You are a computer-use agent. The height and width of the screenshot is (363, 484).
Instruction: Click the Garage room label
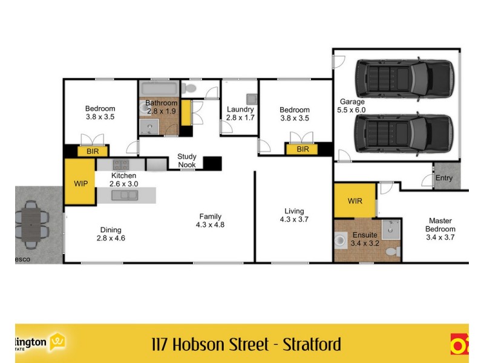point(352,102)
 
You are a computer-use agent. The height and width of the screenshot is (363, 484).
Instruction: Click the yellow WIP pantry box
point(80,182)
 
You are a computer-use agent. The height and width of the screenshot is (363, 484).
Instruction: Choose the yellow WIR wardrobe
point(355,201)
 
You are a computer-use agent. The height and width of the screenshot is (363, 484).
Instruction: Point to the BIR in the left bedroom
point(93,151)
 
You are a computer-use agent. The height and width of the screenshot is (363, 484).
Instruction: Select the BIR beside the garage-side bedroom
point(302,149)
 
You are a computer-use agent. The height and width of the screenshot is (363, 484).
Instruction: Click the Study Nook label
point(186,160)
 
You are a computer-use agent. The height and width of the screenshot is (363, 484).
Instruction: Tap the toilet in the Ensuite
point(392,250)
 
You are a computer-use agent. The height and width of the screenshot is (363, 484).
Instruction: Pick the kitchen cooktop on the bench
point(121,164)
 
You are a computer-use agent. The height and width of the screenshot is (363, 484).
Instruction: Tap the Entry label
point(443,178)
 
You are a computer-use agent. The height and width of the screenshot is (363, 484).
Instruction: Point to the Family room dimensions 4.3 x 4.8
point(210,225)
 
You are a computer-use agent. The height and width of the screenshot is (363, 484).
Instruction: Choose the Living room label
point(295,211)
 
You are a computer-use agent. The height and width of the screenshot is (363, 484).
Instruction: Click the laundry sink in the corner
point(250,99)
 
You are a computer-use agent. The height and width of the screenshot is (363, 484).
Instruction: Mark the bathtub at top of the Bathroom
point(159,88)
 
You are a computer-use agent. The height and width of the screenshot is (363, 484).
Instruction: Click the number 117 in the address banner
point(160,345)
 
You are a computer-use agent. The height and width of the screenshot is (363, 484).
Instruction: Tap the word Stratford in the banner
point(311,345)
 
